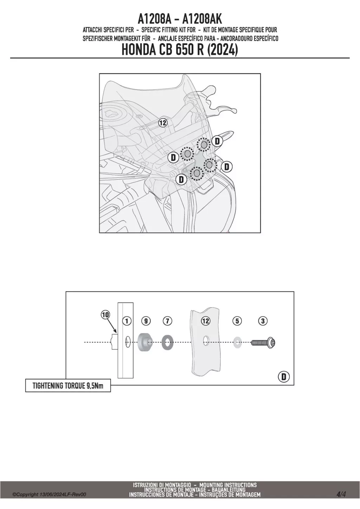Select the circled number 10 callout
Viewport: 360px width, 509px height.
(x=105, y=315)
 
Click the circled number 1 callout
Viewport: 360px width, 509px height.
(x=127, y=321)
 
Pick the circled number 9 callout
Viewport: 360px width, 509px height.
(x=146, y=321)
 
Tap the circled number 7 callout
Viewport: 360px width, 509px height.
(x=167, y=321)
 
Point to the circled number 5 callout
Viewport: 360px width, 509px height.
(x=237, y=321)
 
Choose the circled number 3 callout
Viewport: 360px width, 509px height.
(x=263, y=321)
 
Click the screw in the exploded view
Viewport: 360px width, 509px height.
(x=263, y=342)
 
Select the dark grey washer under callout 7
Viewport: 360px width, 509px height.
(x=167, y=342)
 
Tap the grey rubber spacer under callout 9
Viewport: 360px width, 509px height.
(x=145, y=342)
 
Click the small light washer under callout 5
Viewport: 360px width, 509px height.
(x=237, y=343)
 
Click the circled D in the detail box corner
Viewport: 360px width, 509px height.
(x=284, y=377)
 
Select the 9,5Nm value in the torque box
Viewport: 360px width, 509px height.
(x=95, y=386)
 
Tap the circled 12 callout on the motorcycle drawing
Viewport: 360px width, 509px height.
(x=163, y=123)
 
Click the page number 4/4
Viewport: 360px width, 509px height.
(x=341, y=492)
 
